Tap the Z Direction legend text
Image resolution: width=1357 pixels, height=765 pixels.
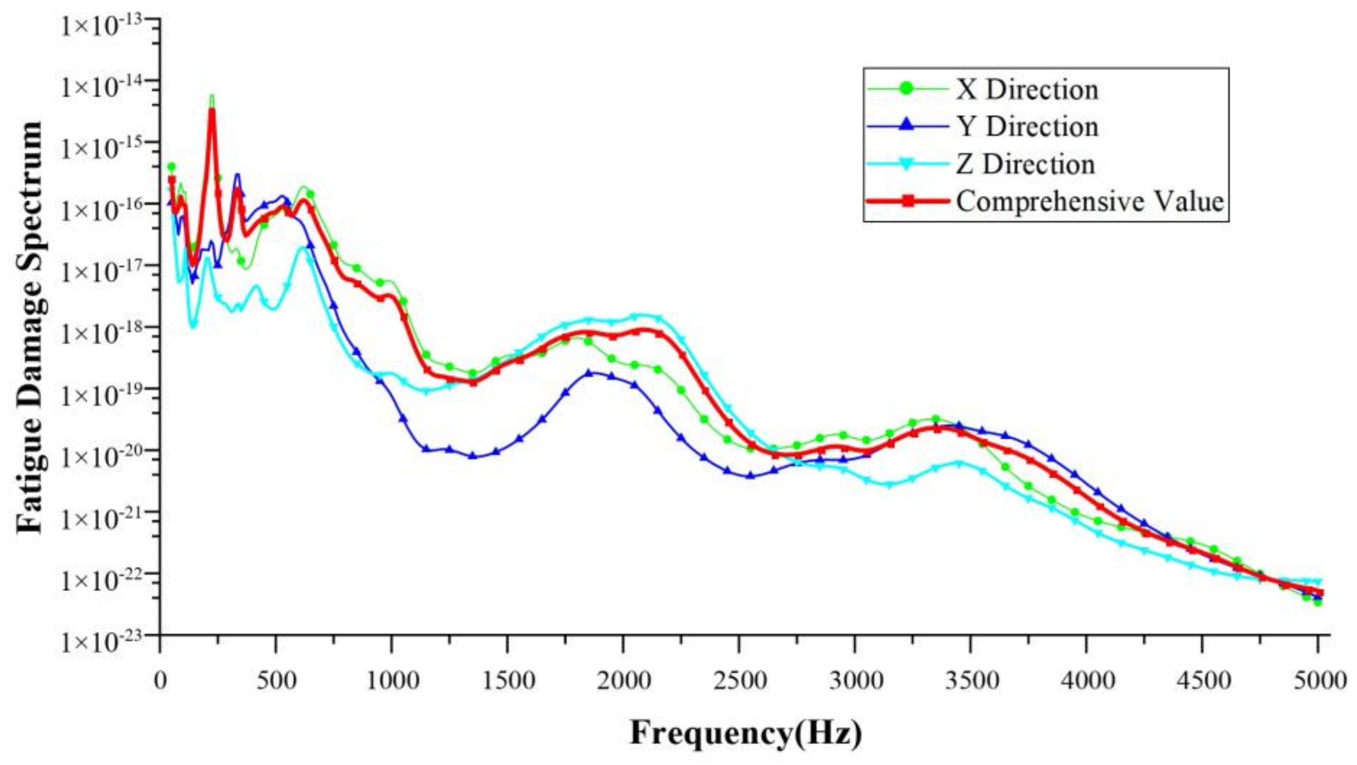pyautogui.click(x=1025, y=165)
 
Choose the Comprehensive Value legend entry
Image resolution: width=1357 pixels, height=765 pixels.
pyautogui.click(x=1089, y=201)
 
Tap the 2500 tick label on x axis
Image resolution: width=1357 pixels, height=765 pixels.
pyautogui.click(x=739, y=681)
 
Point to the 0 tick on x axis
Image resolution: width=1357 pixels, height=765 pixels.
pyautogui.click(x=160, y=681)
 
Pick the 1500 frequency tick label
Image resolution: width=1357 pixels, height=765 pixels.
pyautogui.click(x=507, y=681)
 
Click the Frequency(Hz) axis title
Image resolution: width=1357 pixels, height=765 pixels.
pyautogui.click(x=746, y=732)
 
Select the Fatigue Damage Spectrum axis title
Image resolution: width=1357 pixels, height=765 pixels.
pyautogui.click(x=29, y=327)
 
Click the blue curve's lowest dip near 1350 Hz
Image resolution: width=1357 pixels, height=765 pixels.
pyautogui.click(x=473, y=456)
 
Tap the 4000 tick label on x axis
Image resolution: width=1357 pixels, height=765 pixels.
pyautogui.click(x=1086, y=681)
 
